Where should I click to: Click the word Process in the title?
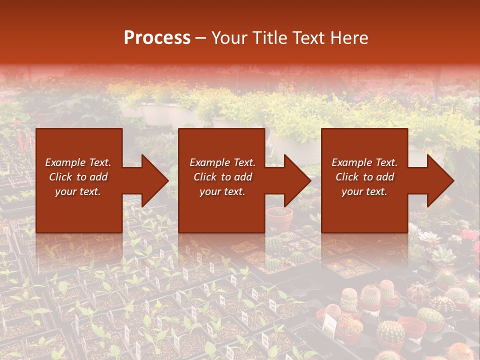pos(157,37)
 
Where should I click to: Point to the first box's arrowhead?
pos(152,180)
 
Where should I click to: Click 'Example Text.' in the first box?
pos(78,162)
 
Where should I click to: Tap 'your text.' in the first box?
pos(78,191)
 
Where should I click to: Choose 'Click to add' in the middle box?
pos(222,177)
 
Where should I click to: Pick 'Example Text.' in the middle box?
pos(222,162)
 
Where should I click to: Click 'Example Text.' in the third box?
pos(364,162)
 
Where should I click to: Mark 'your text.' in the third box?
pos(364,191)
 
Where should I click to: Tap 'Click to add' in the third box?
pos(364,177)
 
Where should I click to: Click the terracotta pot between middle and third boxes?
pos(279,218)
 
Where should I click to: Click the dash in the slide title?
pos(201,37)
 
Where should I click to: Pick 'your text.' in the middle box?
pos(222,191)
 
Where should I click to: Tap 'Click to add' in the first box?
pos(78,177)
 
